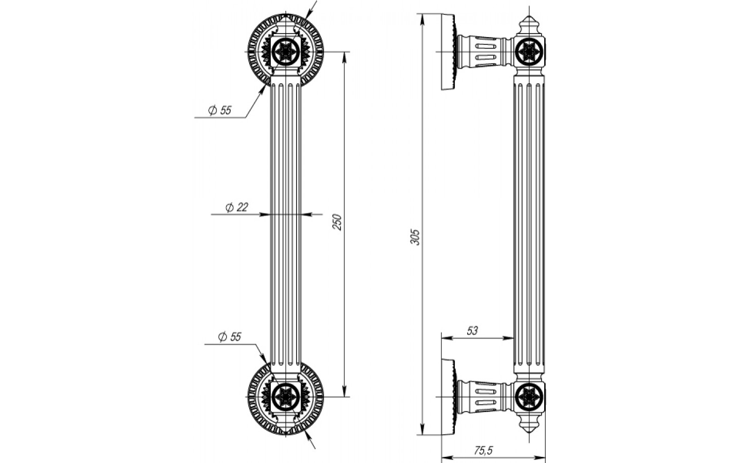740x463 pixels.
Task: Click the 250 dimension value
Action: (338, 222)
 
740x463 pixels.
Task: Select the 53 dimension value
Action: (472, 331)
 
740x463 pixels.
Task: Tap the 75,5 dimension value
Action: (483, 451)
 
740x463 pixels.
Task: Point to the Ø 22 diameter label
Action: (236, 207)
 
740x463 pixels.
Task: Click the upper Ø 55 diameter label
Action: (219, 110)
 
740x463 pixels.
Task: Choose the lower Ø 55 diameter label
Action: (229, 337)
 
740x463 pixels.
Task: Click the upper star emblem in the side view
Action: (529, 51)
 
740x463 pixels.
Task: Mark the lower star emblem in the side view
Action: (529, 396)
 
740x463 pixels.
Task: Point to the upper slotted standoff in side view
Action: (483, 51)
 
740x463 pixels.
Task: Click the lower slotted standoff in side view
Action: (483, 396)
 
